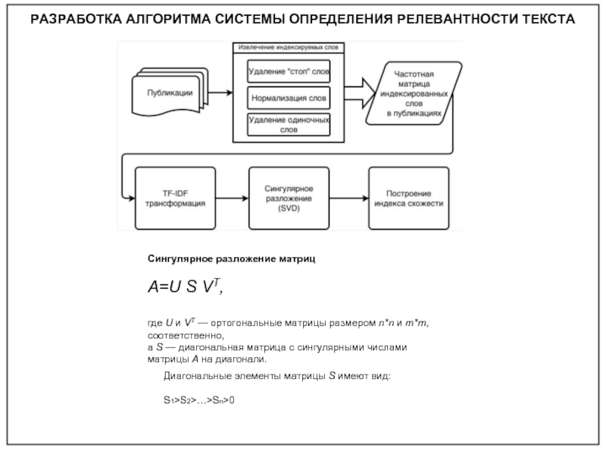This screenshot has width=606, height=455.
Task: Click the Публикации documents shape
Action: point(168,93)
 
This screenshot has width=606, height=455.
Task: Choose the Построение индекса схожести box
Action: point(409,199)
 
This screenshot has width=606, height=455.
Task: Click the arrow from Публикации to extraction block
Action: point(220,93)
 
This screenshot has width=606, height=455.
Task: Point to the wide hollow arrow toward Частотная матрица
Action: point(358,93)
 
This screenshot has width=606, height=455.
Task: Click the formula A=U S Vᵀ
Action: point(186,289)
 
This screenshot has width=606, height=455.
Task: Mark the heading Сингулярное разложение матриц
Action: point(230,259)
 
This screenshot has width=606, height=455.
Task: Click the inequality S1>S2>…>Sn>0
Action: point(199,398)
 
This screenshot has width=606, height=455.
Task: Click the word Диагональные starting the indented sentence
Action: point(196,375)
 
